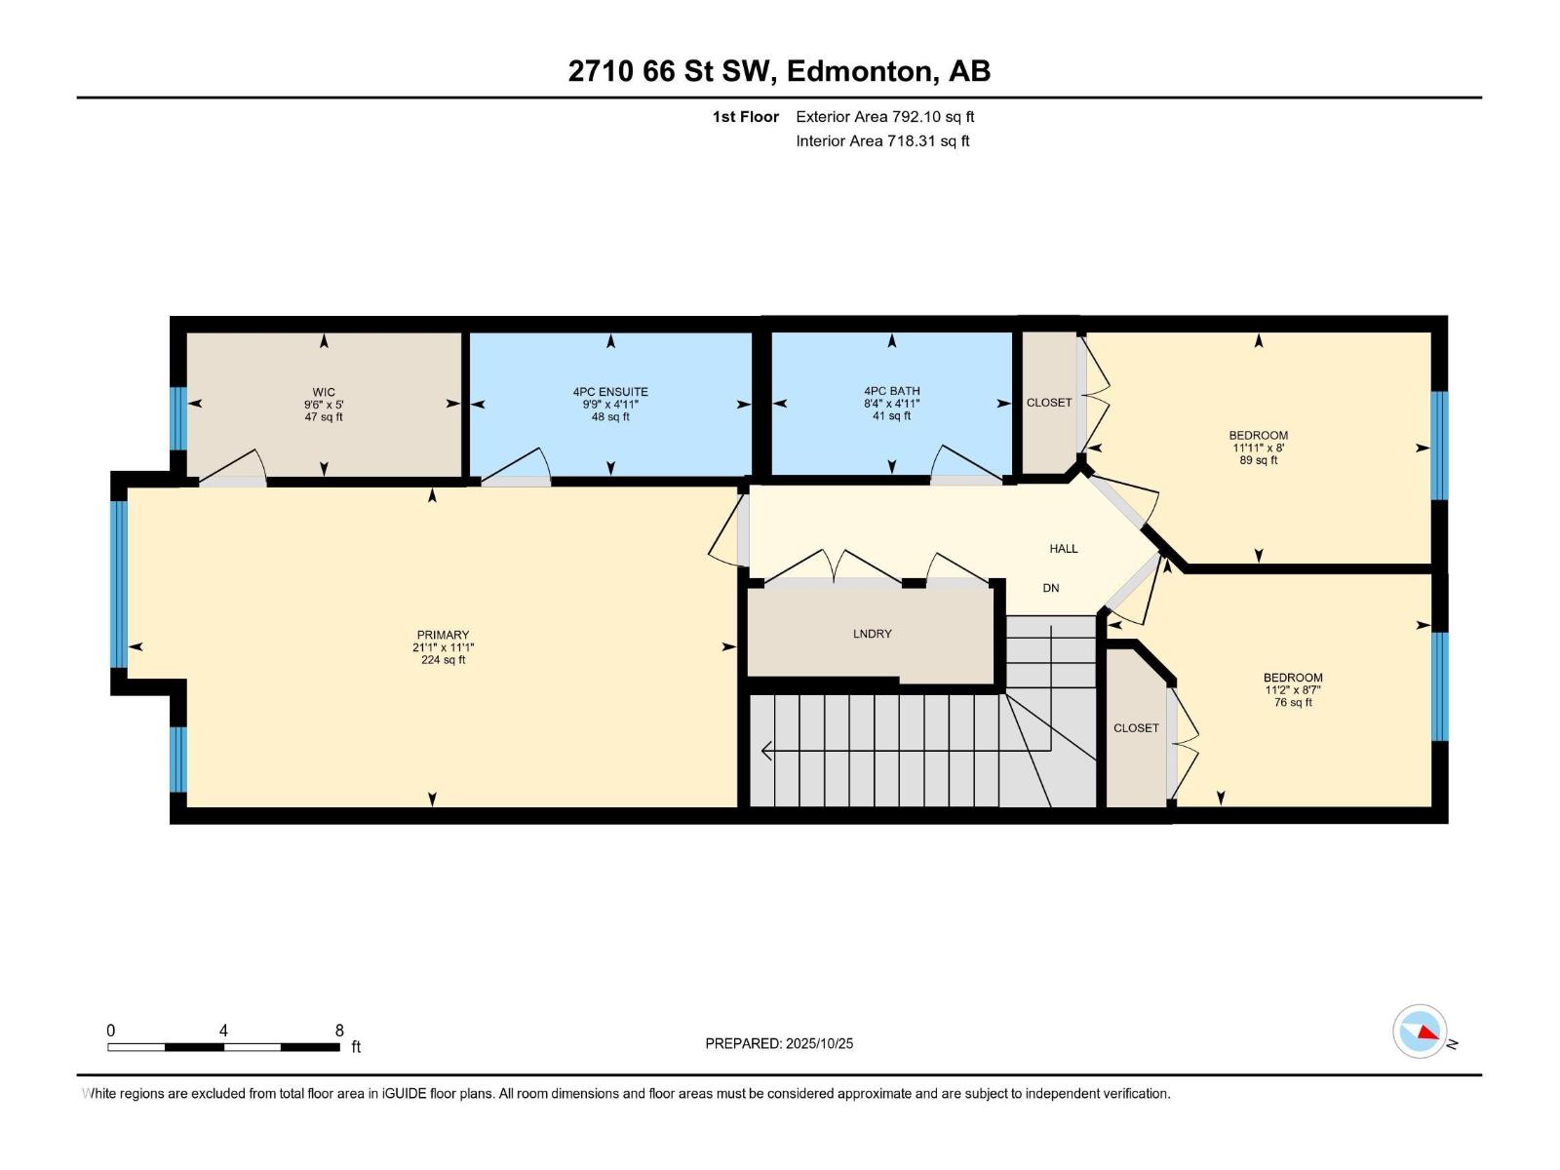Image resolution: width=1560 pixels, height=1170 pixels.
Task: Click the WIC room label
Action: [x=324, y=392]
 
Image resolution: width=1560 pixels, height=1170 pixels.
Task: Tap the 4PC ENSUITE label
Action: [x=610, y=391]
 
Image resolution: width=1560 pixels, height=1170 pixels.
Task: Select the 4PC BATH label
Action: [x=892, y=391]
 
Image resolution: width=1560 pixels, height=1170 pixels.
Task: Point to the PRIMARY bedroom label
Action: [x=443, y=635]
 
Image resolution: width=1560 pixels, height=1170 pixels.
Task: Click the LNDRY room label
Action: [x=872, y=634]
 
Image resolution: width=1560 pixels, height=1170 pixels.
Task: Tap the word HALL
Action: [x=1064, y=548]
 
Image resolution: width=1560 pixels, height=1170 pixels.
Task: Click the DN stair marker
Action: [x=1051, y=588]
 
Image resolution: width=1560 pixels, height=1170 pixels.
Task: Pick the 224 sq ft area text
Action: [x=443, y=660]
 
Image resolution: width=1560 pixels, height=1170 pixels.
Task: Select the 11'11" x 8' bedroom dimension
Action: [x=1259, y=448]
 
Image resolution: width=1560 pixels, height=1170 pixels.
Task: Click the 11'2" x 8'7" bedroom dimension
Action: [x=1293, y=689]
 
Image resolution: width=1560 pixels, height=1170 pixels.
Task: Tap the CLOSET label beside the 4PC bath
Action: [x=1049, y=402]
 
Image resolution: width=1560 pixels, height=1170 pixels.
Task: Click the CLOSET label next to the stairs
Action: [x=1137, y=728]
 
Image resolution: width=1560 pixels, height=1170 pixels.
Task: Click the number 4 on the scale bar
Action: [x=223, y=1031]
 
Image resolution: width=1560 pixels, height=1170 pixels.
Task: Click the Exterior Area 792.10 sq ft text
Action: [x=885, y=116]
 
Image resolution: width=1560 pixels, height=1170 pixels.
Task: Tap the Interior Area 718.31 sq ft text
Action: [x=882, y=140]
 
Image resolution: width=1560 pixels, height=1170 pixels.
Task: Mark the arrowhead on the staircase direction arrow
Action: [x=766, y=750]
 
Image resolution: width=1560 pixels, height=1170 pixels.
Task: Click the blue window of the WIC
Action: [x=178, y=418]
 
